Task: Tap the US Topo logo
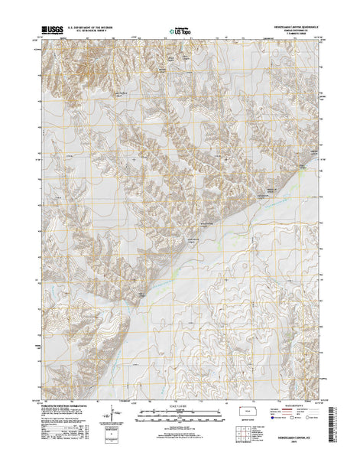(177, 33)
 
